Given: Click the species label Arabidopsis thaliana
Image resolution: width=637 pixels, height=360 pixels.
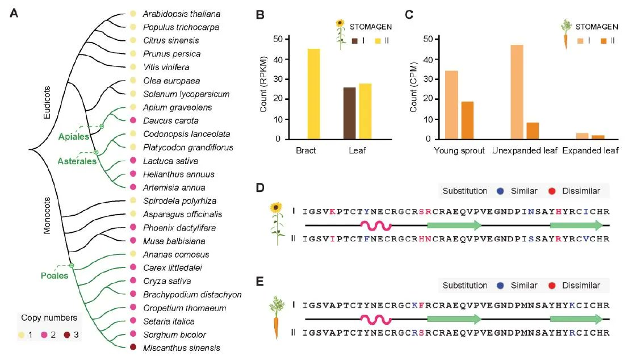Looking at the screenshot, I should pos(181,14).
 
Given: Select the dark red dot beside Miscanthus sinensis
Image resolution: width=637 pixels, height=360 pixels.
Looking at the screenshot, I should pos(133,348).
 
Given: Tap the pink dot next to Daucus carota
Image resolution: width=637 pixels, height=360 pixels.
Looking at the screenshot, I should pos(133,120).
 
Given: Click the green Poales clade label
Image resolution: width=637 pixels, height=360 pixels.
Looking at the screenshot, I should pos(55,276).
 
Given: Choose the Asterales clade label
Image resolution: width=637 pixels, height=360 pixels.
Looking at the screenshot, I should pos(76,161).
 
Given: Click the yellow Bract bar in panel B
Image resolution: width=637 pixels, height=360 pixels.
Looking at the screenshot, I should pos(313,94).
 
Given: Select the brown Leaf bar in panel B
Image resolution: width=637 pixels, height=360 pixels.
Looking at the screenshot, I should pos(349,113).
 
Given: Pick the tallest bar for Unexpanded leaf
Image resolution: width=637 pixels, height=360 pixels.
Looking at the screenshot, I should pos(517,92).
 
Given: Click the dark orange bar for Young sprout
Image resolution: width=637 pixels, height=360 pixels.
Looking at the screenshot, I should pos(467,120).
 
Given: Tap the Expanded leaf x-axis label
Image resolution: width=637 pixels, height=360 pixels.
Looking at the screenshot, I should pos(590,151).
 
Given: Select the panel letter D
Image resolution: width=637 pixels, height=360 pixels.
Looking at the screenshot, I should pos(260,187).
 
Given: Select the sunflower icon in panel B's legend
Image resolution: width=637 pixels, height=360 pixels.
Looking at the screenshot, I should pos(340,34).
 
